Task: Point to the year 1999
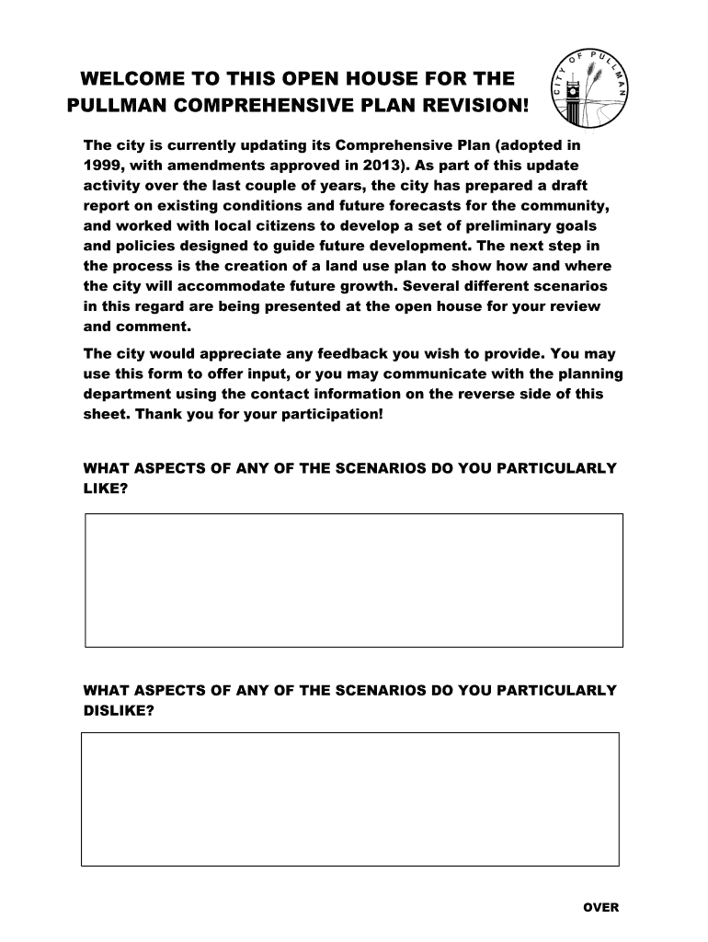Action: point(101,166)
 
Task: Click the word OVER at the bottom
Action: point(601,907)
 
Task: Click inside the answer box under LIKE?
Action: point(354,580)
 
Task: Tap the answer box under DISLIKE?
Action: point(349,798)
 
